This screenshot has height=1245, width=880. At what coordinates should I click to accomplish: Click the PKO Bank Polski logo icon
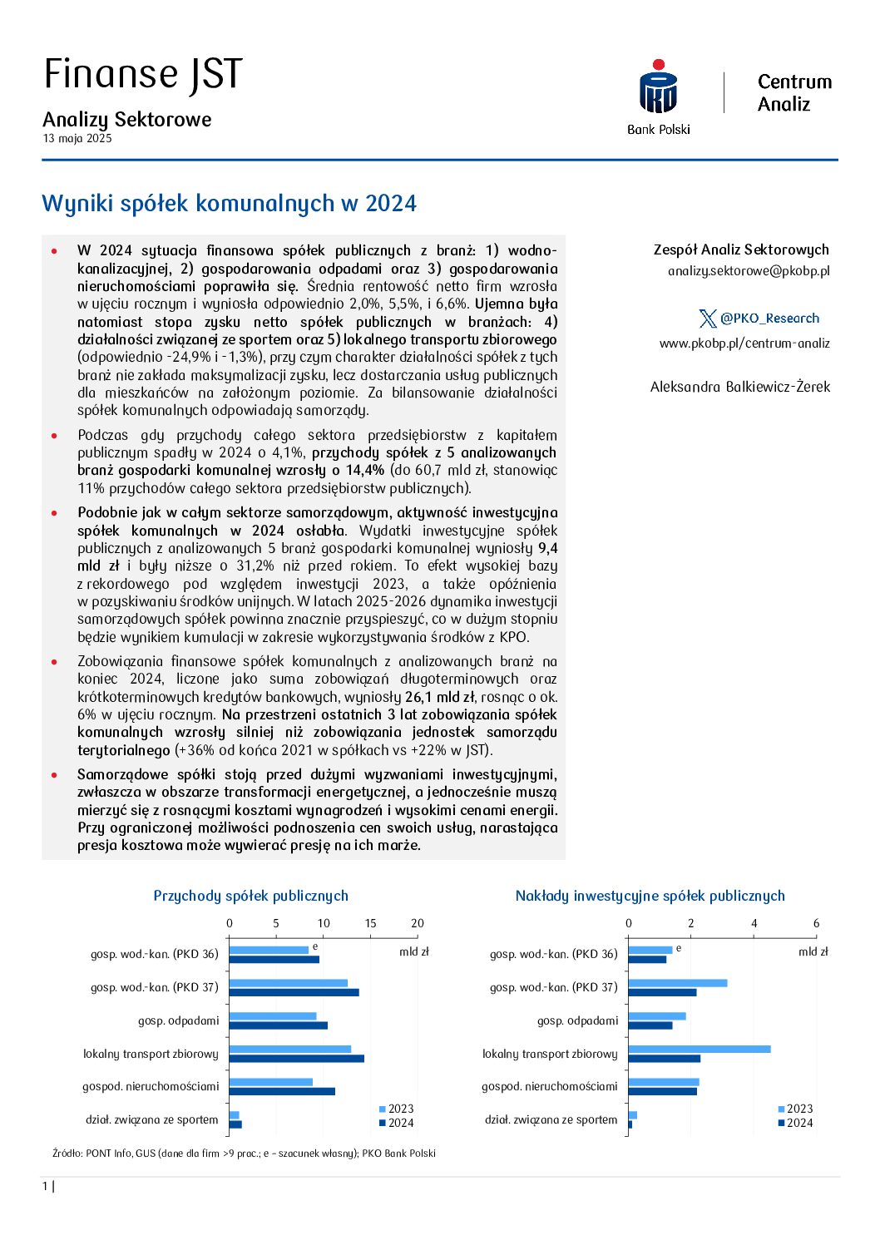pos(658,88)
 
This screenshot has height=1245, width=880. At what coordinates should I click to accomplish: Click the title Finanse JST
pos(143,74)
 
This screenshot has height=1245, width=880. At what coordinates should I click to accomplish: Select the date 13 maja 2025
pos(77,139)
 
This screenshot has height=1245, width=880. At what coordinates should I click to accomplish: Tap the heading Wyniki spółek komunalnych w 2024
pos(229,204)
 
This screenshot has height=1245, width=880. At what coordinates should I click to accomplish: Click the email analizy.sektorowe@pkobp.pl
pos(749,271)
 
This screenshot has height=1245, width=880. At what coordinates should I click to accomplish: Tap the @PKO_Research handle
pos(769,319)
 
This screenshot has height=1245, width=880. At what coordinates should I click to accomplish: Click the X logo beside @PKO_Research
pos(708,319)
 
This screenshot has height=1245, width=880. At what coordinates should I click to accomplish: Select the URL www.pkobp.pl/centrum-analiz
pos(744,343)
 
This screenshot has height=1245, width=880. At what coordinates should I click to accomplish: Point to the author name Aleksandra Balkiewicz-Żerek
pos(740,387)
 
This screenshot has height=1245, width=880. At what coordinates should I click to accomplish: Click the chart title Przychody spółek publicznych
pos(250,896)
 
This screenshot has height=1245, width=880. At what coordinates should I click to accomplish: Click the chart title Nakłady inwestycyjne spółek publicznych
pos(650,896)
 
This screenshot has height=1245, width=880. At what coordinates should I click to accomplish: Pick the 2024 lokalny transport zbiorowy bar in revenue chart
pos(296,1059)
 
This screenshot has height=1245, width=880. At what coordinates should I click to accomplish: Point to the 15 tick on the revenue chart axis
pos(370,923)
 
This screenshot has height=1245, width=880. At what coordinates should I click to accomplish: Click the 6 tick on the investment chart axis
pos(816,923)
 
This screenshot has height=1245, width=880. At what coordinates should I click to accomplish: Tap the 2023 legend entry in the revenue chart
pos(397,1109)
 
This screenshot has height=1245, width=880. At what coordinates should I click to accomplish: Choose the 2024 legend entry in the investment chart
pos(796,1123)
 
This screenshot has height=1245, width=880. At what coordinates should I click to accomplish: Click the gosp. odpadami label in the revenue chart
pos(179,1020)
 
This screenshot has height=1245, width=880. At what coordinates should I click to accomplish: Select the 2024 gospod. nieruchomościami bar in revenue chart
pos(282,1091)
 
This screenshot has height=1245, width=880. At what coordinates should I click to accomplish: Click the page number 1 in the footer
pos(46,1187)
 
